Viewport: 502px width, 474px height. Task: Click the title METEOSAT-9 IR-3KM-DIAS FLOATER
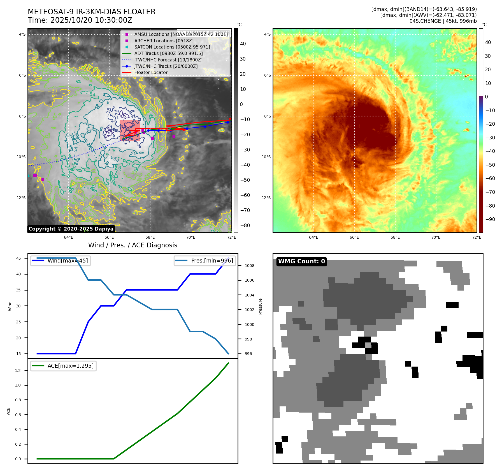(x=91, y=12)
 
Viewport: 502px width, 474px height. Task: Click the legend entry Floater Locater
(x=151, y=72)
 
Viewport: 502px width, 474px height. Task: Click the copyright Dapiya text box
(x=71, y=229)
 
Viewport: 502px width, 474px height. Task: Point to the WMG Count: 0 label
(x=301, y=261)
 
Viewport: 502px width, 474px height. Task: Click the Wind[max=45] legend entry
(x=68, y=261)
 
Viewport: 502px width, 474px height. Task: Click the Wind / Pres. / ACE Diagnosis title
(x=133, y=245)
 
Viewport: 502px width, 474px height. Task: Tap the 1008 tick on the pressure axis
(x=249, y=266)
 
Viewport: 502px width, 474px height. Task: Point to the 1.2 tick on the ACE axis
(x=18, y=371)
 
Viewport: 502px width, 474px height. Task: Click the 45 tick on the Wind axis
(x=18, y=258)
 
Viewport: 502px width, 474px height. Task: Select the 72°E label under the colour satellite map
(x=477, y=237)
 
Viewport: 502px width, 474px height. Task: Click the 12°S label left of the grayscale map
(x=21, y=198)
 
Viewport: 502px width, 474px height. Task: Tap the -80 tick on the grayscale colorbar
(x=245, y=226)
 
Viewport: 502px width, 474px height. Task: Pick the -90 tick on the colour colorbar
(x=490, y=219)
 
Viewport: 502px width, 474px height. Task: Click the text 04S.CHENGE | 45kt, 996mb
(x=443, y=21)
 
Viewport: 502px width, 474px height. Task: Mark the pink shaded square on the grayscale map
(x=130, y=130)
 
